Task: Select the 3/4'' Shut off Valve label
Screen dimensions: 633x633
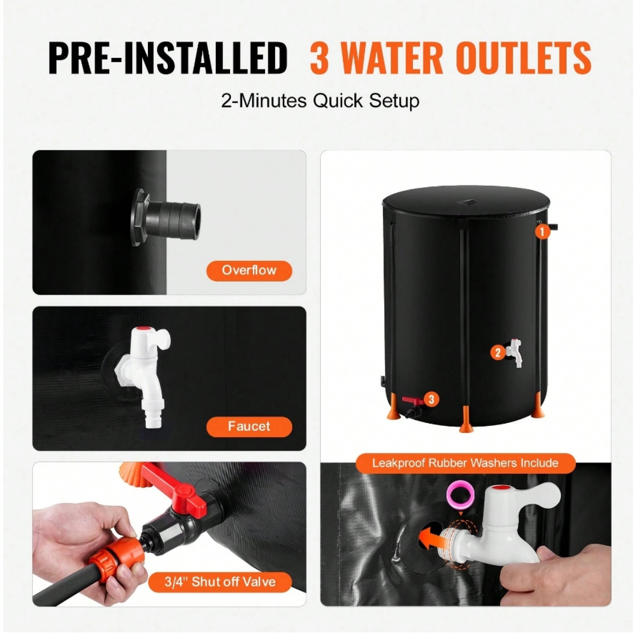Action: tap(220, 582)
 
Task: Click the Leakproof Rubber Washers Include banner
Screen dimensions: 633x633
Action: tap(465, 463)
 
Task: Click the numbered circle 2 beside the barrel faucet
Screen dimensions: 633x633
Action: tap(498, 353)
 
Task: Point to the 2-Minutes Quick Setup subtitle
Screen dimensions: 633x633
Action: tap(320, 101)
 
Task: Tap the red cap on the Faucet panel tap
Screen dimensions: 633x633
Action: tap(142, 329)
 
